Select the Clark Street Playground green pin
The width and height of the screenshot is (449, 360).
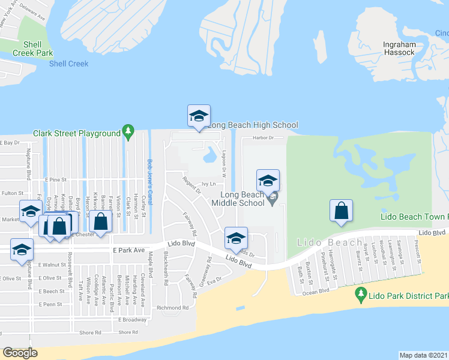click(127, 131)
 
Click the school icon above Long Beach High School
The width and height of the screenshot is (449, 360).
click(198, 116)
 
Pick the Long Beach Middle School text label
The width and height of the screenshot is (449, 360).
click(243, 199)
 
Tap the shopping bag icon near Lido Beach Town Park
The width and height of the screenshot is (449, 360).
click(341, 211)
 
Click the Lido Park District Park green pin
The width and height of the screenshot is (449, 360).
click(361, 294)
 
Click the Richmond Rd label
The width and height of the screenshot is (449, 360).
click(172, 308)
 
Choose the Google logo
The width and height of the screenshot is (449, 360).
click(20, 353)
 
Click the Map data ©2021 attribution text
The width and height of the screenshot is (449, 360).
click(424, 355)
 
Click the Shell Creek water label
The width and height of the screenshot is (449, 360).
click(68, 64)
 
